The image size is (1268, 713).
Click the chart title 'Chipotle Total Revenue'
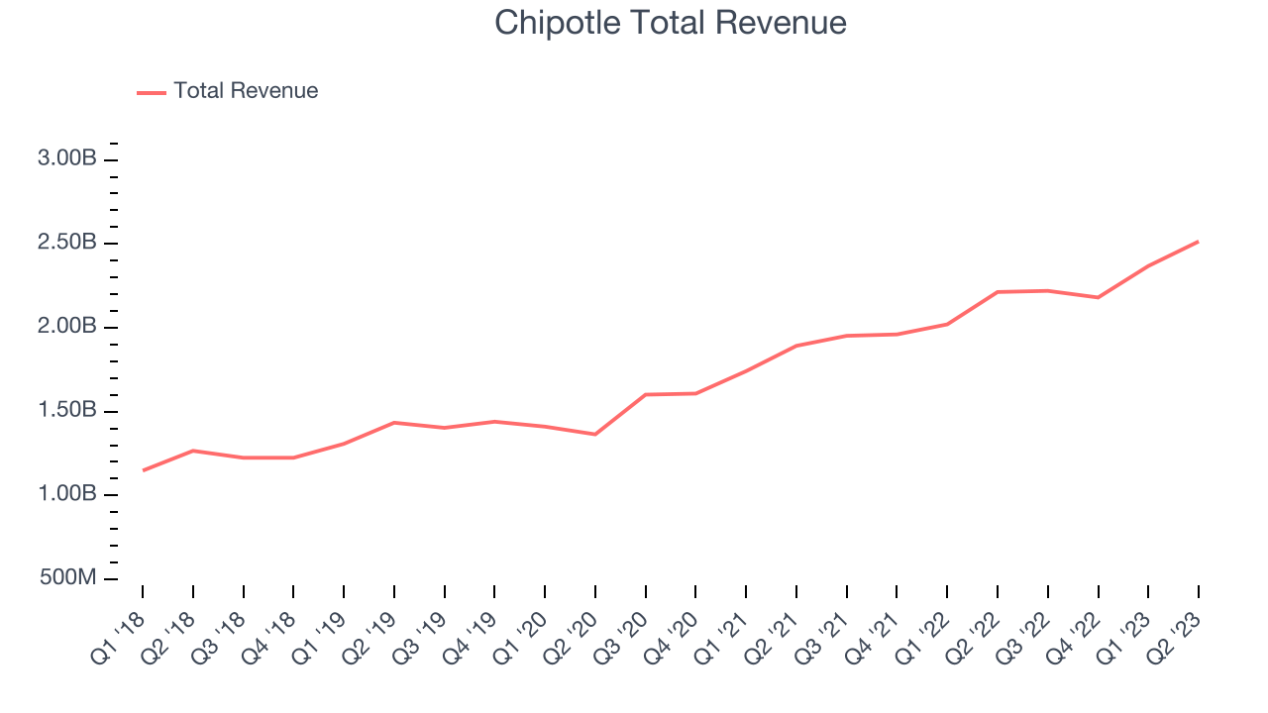pos(671,23)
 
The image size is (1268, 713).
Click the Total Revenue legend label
pos(246,91)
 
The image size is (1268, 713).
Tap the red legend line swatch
pos(152,92)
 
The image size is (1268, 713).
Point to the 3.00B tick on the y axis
pos(67,158)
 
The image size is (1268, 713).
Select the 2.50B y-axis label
pos(67,243)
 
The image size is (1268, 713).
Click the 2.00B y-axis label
pos(67,327)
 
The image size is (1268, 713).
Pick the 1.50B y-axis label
pos(67,411)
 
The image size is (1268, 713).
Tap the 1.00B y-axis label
pos(67,494)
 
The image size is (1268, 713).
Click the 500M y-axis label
pos(67,577)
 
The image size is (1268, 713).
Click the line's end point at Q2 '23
pos(1199,242)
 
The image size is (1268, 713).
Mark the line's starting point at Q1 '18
pos(143,470)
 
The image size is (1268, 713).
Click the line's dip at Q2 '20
pos(595,434)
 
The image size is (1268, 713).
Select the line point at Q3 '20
pos(646,394)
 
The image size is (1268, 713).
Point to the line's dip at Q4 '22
pos(1098,297)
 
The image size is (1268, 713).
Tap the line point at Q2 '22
pos(998,292)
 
